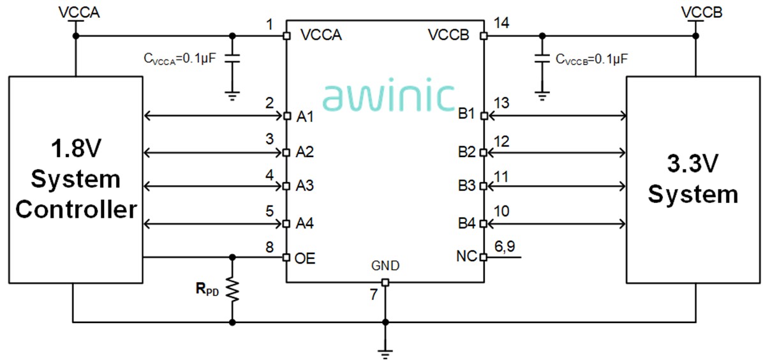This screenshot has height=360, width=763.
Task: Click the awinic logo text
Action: (389, 96)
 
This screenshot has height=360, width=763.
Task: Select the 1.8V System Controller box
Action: (75, 179)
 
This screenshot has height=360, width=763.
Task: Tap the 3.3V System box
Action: (693, 179)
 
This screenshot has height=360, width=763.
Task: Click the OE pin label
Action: (305, 259)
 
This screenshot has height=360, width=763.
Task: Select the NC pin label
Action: (464, 257)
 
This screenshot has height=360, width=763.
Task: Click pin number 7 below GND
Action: (374, 295)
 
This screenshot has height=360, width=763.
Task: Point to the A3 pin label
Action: (306, 186)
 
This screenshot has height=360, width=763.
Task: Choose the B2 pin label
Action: (466, 153)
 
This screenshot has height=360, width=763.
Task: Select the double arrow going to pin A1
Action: (213, 116)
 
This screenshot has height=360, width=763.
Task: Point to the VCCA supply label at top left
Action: (76, 12)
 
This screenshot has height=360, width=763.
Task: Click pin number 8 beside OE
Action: (270, 246)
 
